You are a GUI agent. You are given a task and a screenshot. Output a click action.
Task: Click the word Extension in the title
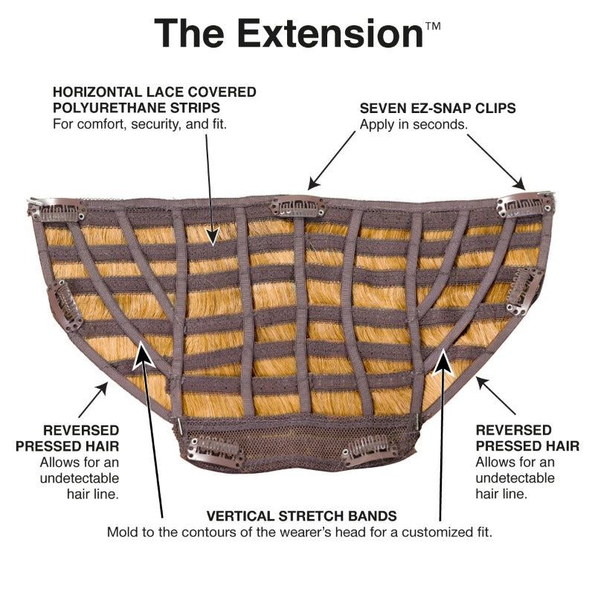click(330, 33)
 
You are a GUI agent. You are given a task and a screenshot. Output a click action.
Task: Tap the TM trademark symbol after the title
click(433, 26)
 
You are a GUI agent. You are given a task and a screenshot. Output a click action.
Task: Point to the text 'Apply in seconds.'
click(414, 124)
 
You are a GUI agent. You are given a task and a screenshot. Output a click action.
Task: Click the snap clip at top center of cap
click(298, 208)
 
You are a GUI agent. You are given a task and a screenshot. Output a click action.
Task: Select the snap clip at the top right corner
click(526, 205)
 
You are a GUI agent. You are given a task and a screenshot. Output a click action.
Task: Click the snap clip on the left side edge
click(65, 306)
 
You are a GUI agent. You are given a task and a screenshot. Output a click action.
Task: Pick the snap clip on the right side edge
click(524, 290)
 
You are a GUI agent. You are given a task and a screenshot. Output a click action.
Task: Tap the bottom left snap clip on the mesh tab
click(215, 452)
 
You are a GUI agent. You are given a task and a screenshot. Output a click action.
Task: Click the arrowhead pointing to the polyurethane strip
click(213, 235)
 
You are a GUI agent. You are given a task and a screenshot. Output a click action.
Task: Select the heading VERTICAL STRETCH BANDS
click(302, 516)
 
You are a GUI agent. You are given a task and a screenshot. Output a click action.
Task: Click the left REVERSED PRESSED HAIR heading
click(67, 438)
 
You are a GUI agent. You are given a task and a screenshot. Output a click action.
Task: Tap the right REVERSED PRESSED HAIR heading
click(527, 438)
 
